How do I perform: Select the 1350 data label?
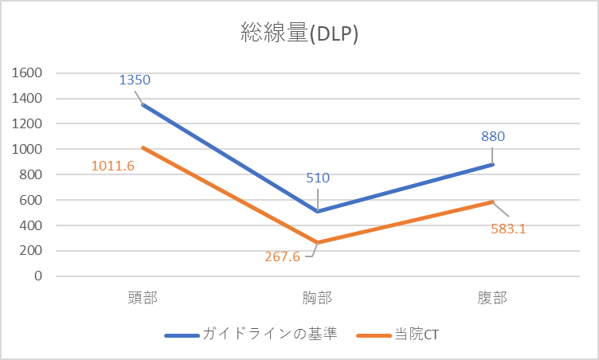(x=135, y=80)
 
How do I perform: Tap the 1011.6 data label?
(x=113, y=166)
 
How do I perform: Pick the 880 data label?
(x=493, y=136)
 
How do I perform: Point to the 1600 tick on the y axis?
(x=26, y=73)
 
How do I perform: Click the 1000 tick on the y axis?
(x=26, y=149)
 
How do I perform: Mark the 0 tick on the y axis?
(x=37, y=276)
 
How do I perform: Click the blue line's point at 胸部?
(x=318, y=211)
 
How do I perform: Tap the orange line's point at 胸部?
(x=318, y=242)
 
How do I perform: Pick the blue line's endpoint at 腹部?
(x=493, y=165)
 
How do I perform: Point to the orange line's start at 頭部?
(x=143, y=147)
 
